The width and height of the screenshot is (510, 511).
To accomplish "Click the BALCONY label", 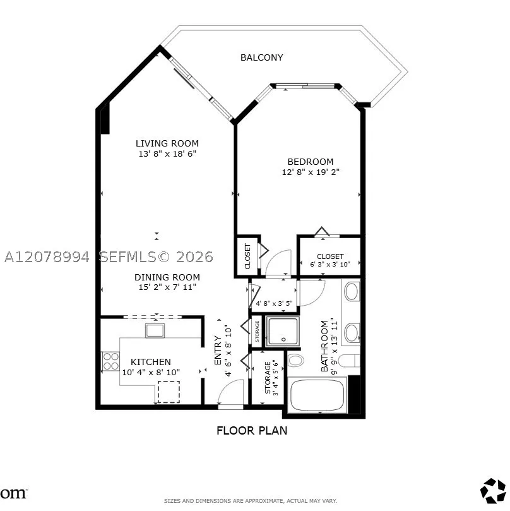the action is pos(261,57).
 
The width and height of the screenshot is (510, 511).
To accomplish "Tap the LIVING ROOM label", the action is pos(167,143).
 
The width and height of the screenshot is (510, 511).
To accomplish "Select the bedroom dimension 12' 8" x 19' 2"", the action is pos(311,172).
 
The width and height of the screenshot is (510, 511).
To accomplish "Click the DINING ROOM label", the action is pos(167,277).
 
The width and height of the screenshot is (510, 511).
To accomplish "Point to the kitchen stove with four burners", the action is pos(110,361).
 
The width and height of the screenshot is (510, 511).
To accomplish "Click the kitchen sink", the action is pos(155,330).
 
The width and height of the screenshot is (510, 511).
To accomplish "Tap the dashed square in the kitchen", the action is pos(169,392).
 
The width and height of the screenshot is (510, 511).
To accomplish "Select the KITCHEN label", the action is pos(150,362).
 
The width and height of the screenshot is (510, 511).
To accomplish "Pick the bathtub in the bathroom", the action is pos(317,395).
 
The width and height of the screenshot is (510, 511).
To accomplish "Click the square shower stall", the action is pos(282,331).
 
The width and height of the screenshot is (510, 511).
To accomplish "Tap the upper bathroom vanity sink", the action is pos(352,291).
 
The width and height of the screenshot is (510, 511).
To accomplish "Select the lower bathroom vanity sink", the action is pos(352,333).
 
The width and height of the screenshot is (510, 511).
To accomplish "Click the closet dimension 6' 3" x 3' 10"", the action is pos(330,264).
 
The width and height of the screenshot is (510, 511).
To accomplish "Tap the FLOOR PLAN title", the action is pos(252,431).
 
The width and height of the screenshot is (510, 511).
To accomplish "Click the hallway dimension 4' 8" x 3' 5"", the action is pos(274,303).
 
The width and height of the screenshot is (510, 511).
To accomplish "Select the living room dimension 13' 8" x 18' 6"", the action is pos(167,154).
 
